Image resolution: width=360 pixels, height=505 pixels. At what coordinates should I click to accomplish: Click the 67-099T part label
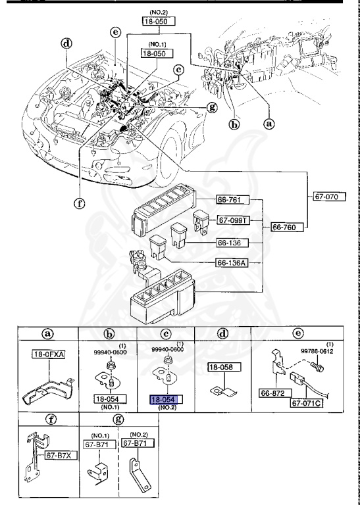click(232, 220)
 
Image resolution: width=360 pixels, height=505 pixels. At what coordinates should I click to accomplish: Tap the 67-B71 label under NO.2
click(137, 444)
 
